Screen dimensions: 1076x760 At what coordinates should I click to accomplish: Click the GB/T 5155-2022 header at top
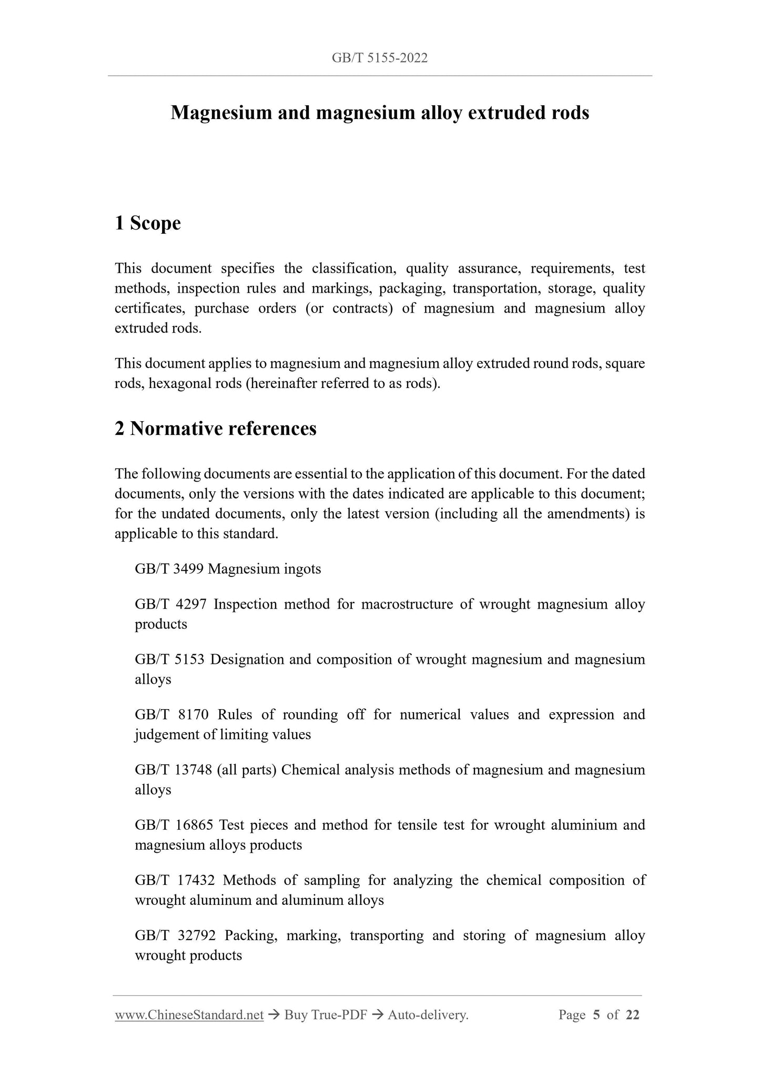(x=380, y=58)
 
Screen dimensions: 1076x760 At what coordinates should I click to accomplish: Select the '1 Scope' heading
(x=148, y=223)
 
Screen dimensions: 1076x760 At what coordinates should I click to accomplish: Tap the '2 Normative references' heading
(x=216, y=429)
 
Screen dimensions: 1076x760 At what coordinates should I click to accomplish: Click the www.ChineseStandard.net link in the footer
(x=189, y=1014)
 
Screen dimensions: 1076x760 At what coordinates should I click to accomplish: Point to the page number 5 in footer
(x=596, y=1014)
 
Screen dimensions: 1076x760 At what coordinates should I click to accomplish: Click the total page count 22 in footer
(x=633, y=1014)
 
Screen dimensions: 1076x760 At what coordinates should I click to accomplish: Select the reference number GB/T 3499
(x=169, y=569)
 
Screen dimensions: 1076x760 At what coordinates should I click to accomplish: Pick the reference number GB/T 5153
(x=169, y=660)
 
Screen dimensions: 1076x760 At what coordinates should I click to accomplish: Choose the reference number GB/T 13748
(x=173, y=770)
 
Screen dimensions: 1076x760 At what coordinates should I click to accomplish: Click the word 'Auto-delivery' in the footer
(x=427, y=1014)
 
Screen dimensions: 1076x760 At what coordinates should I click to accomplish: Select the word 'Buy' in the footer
(x=295, y=1014)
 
